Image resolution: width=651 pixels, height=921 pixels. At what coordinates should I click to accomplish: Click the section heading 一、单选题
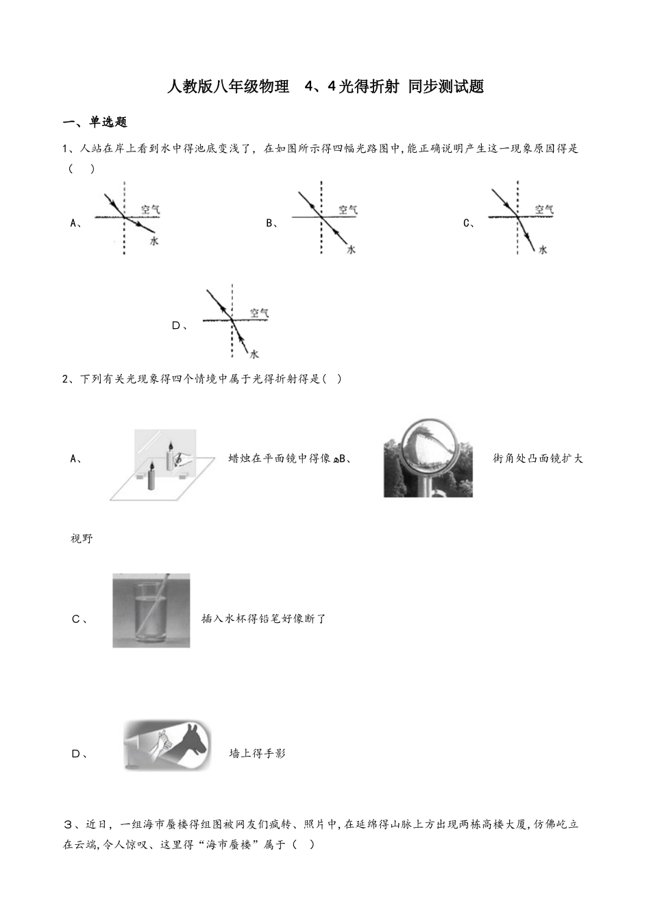pos(95,123)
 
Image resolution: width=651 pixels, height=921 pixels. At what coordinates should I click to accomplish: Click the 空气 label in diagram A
pos(151,209)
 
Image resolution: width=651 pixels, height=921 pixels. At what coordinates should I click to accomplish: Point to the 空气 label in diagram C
pos(544,209)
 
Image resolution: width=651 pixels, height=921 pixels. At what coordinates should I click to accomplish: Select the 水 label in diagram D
pos(254,354)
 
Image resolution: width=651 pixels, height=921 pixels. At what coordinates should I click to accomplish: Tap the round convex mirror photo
pos(428,457)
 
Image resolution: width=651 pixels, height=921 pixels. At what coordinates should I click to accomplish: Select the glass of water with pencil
pos(151,611)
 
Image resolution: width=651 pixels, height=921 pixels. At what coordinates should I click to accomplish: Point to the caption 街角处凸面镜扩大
pos(538,458)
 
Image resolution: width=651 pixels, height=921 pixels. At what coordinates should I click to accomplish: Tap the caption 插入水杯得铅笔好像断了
pos(263,619)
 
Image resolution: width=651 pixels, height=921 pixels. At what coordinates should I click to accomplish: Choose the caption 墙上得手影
pos(257,754)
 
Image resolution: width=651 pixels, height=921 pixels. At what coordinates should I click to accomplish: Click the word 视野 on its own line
pos(82,539)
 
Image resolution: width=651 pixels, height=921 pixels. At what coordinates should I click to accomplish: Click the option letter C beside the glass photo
pos(77,619)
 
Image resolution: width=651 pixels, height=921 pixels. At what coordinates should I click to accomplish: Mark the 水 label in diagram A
pos(154,241)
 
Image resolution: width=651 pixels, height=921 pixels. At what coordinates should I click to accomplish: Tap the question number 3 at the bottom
pos(67,824)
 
